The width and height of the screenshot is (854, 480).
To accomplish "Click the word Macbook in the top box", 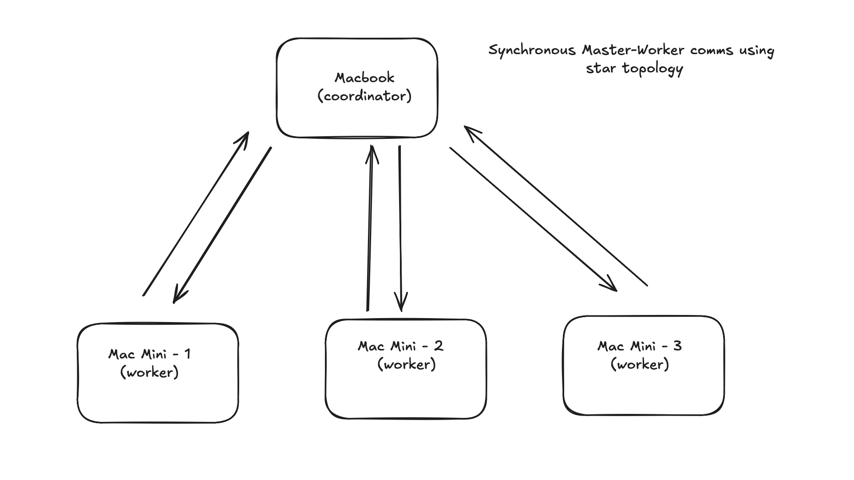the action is click(x=364, y=78).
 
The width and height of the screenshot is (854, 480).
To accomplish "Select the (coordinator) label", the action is click(x=365, y=96).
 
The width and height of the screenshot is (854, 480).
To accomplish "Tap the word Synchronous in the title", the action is click(x=532, y=51).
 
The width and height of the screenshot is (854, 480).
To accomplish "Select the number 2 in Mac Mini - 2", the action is click(x=439, y=346).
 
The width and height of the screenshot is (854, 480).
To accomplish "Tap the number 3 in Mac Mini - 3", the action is click(x=677, y=346).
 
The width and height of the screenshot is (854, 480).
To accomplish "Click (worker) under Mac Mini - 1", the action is click(x=150, y=372).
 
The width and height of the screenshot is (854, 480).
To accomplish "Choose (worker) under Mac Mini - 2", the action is click(x=407, y=364).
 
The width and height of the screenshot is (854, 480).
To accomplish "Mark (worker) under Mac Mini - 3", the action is click(x=640, y=364).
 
